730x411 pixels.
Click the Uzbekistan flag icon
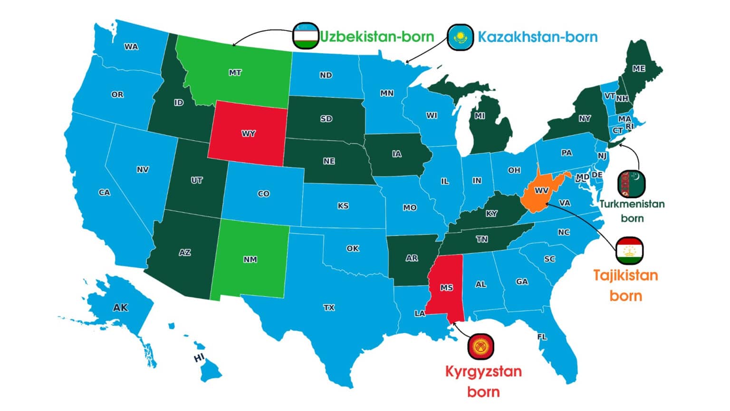tap(305, 36)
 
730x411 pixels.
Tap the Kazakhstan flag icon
tap(460, 37)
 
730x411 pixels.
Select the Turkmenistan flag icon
tap(632, 184)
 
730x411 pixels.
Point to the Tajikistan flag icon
tap(630, 250)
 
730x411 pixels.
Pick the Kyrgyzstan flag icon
tap(481, 346)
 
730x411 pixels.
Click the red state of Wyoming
tap(248, 133)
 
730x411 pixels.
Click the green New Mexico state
tap(250, 259)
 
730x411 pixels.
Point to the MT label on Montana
tap(235, 73)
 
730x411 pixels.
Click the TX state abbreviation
tap(329, 308)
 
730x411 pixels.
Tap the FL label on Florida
tap(542, 337)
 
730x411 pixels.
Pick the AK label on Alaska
tap(120, 308)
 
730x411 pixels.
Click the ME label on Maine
tap(639, 68)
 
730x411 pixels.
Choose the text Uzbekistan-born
tap(377, 37)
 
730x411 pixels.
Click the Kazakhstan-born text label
tap(538, 37)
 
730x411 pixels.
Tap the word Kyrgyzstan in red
tap(483, 371)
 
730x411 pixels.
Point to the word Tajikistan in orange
tap(625, 275)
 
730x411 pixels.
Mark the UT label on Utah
tap(197, 180)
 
